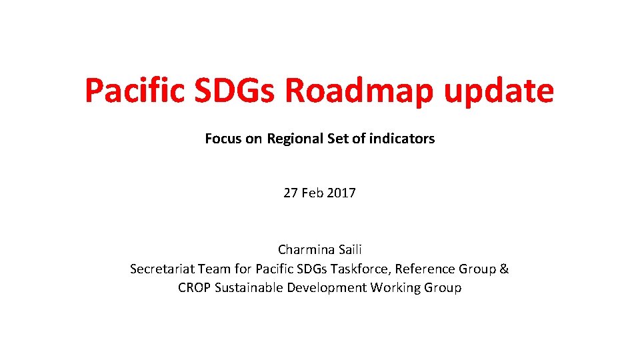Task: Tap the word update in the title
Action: tap(499, 91)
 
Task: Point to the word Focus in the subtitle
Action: tap(224, 139)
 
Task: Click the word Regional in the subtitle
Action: tap(295, 139)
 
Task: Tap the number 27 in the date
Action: tap(291, 193)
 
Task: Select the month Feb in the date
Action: tap(312, 193)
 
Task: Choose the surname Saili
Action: tap(349, 250)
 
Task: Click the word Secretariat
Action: tap(161, 269)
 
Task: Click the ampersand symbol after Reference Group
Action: tap(504, 269)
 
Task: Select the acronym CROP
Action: tap(195, 287)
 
